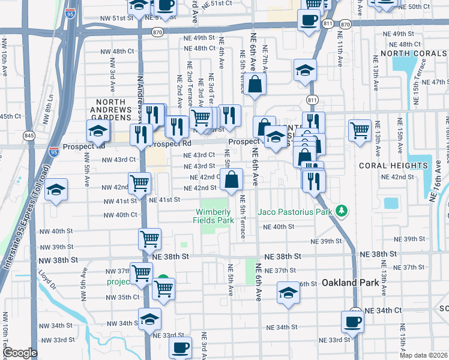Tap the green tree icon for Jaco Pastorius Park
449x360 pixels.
pyautogui.click(x=342, y=211)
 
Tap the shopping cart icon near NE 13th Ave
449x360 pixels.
pyautogui.click(x=360, y=130)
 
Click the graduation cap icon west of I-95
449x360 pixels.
pyautogui.click(x=56, y=190)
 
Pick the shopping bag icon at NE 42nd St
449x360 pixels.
pyautogui.click(x=232, y=178)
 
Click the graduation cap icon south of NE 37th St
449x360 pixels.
pyautogui.click(x=288, y=293)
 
